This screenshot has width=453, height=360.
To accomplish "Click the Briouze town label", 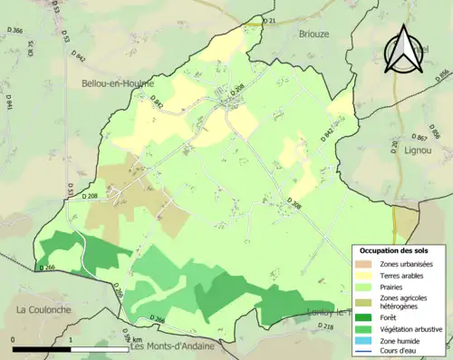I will coord(313,34).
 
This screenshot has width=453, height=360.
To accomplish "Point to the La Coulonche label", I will coord(45,309).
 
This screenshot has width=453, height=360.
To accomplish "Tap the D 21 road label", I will coord(267,20).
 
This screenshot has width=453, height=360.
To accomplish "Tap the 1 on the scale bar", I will coord(71,339).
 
